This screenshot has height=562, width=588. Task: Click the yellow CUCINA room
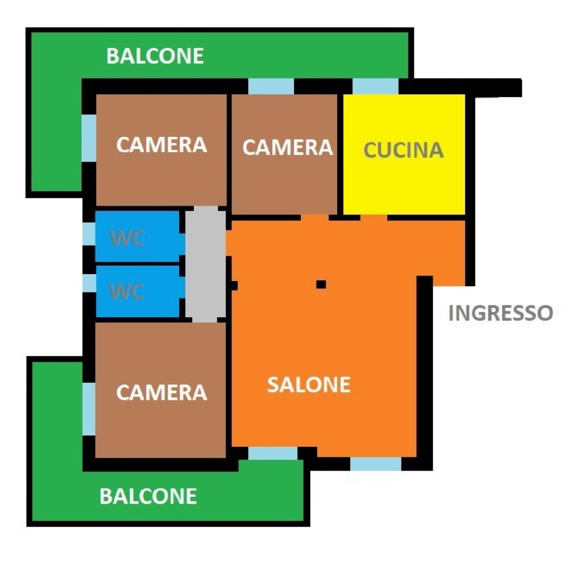coord(404,154)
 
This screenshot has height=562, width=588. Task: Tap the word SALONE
coord(309,385)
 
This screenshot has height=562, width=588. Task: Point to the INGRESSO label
coord(501,313)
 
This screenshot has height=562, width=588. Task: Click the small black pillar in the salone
coord(321,284)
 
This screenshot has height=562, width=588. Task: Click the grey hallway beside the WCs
coord(205,264)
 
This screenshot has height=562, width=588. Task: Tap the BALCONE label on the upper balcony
coord(155,56)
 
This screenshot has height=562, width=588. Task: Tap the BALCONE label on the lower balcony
coord(148,496)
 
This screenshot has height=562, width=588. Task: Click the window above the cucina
coord(376,86)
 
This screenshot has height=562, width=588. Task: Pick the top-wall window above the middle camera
coord(271,86)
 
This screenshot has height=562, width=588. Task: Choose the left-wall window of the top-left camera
coord(89,138)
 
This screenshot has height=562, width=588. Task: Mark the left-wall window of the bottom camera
coord(89,409)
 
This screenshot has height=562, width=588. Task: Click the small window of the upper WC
coord(89,234)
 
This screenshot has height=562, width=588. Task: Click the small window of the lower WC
coord(89,283)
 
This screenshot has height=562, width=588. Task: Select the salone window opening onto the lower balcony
coord(273,453)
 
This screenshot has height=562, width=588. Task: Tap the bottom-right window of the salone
coord(376,464)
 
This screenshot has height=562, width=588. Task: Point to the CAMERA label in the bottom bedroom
coord(162,393)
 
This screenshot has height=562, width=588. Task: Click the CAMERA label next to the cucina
coord(288,147)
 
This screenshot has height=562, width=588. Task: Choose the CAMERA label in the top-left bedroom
coord(162,145)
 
